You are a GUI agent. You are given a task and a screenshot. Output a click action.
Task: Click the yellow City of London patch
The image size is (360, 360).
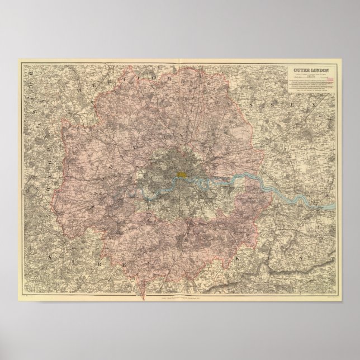click(x=182, y=174)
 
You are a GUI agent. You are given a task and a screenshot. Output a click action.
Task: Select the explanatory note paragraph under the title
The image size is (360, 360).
click(x=310, y=87)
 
